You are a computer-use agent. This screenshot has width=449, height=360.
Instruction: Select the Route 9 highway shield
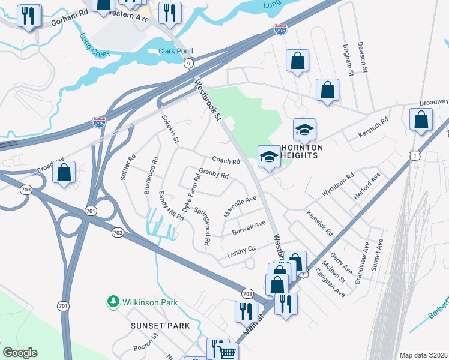tap(189, 63)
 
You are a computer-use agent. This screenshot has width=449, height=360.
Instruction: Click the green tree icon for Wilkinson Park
tap(112, 301)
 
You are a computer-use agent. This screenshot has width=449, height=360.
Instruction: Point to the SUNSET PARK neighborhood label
tap(160, 326)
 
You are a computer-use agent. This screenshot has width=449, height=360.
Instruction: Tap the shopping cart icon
tap(226, 352)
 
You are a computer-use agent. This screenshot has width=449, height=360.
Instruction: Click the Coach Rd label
tap(226, 161)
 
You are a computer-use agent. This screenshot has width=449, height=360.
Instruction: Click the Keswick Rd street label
tap(319, 223)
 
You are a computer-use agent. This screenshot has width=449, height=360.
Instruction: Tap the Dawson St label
tap(362, 58)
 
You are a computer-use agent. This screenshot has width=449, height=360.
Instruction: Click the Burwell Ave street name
tap(249, 228)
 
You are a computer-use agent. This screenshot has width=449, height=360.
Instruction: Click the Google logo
tap(20, 353)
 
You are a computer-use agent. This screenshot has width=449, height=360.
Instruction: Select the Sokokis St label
tap(170, 130)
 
